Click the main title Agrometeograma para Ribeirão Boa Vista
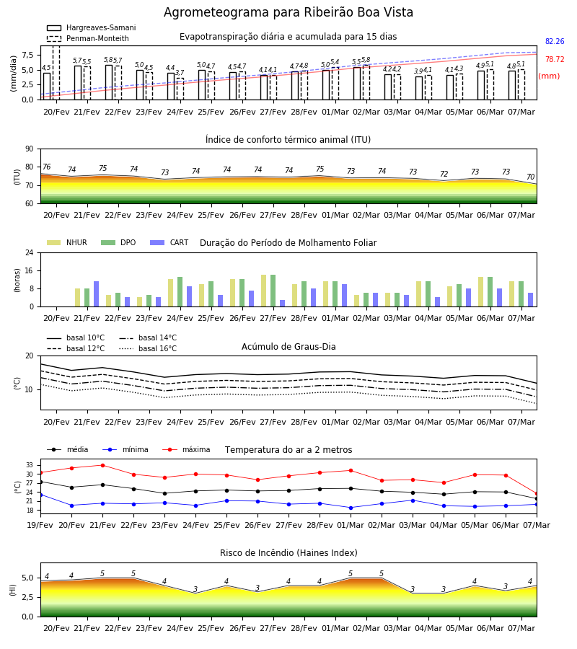tap(288, 12)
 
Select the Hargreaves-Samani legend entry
tap(91, 27)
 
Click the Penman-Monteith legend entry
tap(88, 38)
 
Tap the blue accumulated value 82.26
tap(555, 41)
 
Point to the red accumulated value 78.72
tap(555, 59)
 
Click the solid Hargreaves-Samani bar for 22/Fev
tap(109, 82)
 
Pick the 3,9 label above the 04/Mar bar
tap(418, 71)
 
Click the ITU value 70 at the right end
tap(530, 177)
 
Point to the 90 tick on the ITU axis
tap(30, 149)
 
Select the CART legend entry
tap(169, 242)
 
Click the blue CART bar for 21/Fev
tap(97, 294)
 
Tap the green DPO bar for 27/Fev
tap(273, 291)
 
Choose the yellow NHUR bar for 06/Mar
tap(481, 292)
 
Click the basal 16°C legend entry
tap(148, 348)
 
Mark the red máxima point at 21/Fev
tap(102, 465)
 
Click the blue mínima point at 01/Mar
tap(351, 508)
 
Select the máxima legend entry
tap(186, 449)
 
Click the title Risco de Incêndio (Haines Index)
tap(288, 553)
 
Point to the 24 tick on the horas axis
tap(30, 252)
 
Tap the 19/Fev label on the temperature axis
tap(40, 525)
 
